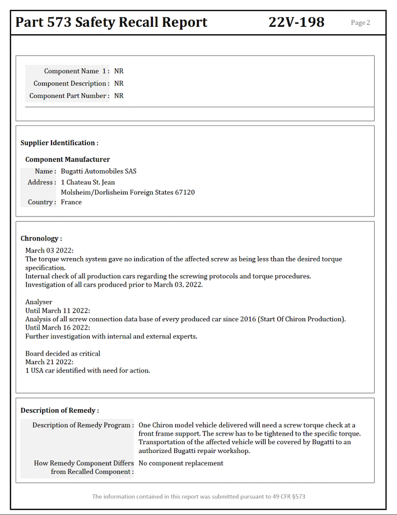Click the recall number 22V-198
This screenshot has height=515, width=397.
point(296,22)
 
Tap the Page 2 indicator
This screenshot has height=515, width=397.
point(360,22)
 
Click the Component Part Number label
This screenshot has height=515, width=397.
point(69,96)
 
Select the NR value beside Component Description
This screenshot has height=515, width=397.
point(119,83)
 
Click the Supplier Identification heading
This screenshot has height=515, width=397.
point(59,143)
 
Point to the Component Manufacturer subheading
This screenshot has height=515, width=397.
point(67,159)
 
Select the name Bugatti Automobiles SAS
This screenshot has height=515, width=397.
point(98,171)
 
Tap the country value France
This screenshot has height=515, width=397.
point(71,202)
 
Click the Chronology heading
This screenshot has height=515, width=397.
point(41,239)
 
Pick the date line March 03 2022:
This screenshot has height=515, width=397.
point(49,251)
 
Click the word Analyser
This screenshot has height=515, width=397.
point(39,302)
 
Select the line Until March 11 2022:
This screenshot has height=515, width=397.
point(58,311)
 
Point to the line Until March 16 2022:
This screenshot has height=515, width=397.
point(58,328)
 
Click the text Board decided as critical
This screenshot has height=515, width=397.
point(63,354)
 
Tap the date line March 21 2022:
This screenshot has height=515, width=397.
point(49,362)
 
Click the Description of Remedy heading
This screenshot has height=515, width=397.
point(60,410)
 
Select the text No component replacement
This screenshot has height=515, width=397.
point(181,463)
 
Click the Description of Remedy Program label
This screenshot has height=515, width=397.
point(83,425)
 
